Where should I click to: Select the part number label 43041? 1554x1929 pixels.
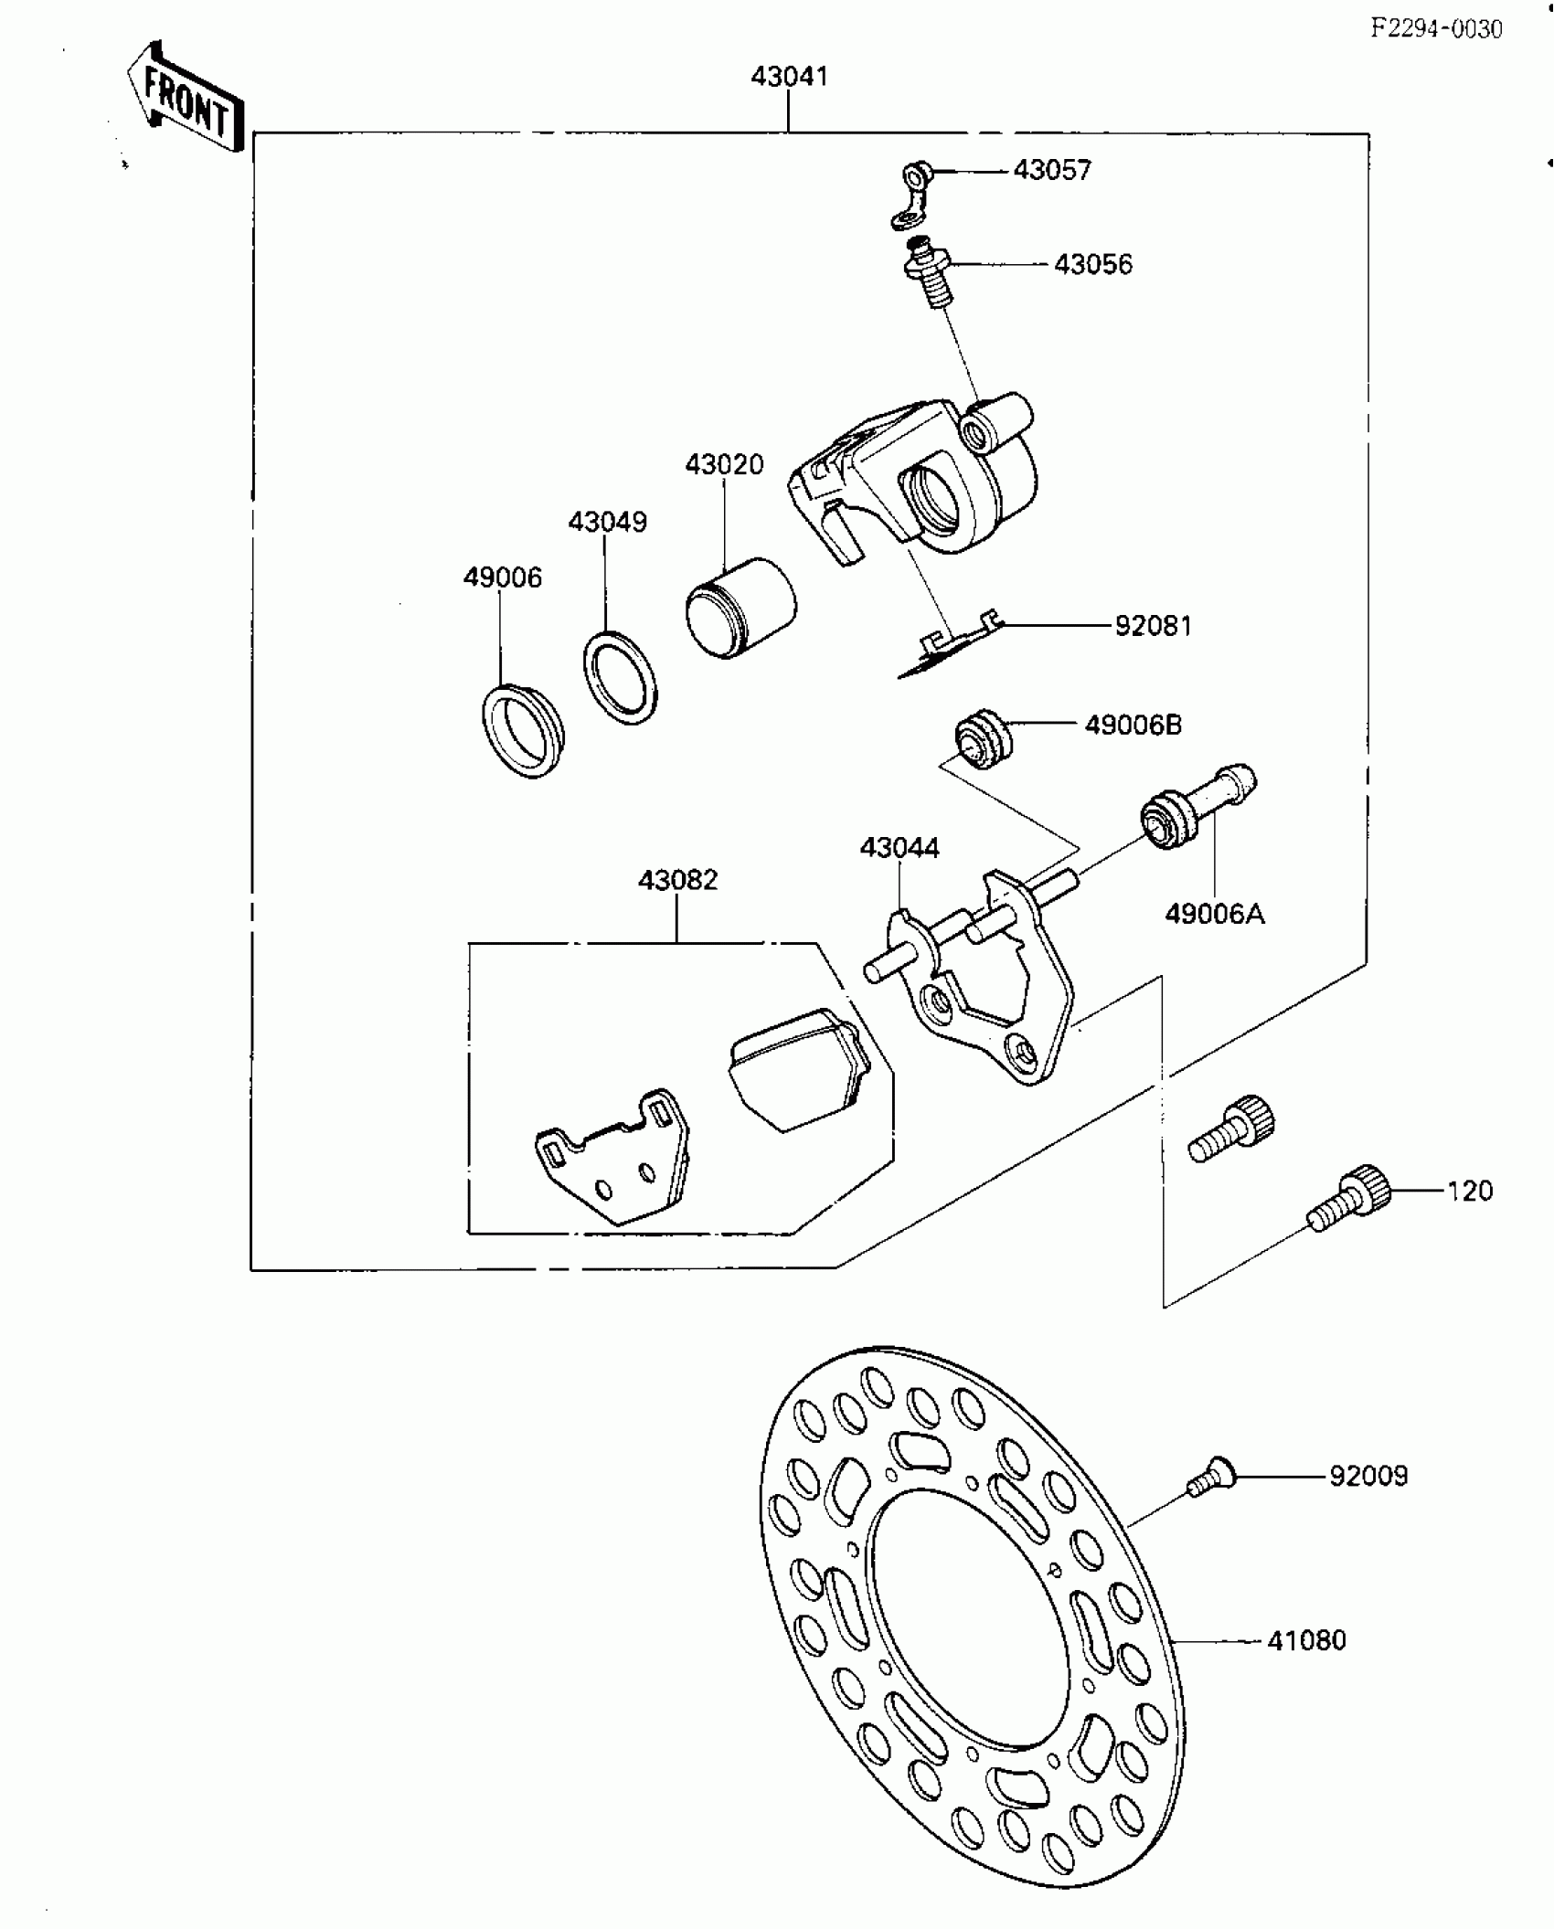tap(789, 77)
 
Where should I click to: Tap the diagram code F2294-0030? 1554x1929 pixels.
tap(1435, 30)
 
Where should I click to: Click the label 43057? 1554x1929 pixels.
tap(1052, 171)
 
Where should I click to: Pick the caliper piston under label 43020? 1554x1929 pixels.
tap(740, 606)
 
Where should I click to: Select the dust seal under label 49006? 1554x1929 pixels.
tap(523, 730)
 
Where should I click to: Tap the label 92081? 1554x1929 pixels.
tap(1153, 626)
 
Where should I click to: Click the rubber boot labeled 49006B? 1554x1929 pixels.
tap(981, 737)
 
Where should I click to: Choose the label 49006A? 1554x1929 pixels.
tap(1214, 913)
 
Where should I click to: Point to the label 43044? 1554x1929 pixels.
tap(899, 848)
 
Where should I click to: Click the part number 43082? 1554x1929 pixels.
tap(677, 880)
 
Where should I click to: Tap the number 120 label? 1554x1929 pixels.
tap(1469, 1191)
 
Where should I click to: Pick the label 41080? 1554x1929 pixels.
tap(1306, 1640)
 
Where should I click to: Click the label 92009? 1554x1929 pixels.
tap(1368, 1476)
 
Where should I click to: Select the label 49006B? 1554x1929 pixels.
tap(1133, 725)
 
